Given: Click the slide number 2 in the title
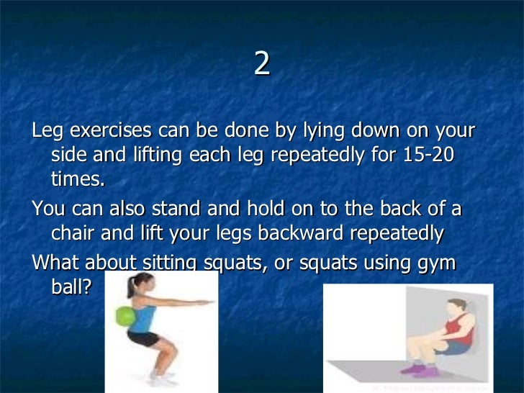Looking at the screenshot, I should [x=262, y=65].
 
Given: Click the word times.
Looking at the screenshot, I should [x=78, y=179].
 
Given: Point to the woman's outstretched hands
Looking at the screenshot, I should [x=209, y=305].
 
